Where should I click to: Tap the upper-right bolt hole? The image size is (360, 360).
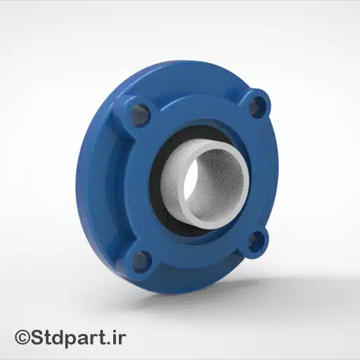pyautogui.click(x=258, y=105)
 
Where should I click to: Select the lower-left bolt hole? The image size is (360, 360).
pyautogui.click(x=140, y=261)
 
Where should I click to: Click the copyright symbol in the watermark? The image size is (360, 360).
pyautogui.click(x=23, y=338)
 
